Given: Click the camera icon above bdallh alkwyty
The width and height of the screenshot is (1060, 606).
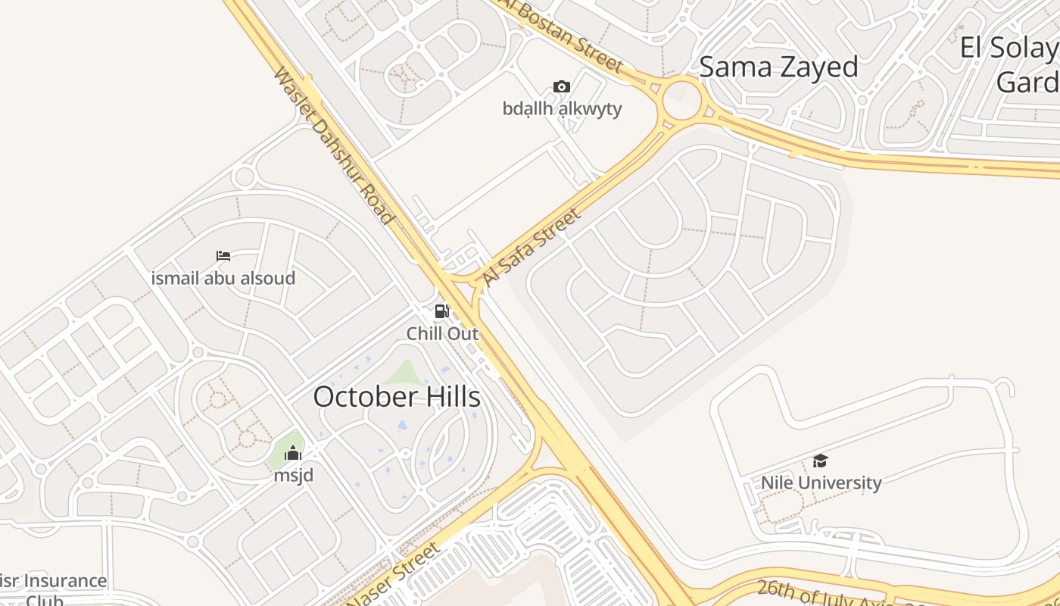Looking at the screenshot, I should [561, 86].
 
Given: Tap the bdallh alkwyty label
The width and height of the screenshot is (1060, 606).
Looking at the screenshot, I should [562, 108].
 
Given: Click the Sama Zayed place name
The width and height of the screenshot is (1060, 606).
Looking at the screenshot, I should [778, 67].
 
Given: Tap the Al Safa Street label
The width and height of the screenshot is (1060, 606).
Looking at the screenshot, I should [532, 247].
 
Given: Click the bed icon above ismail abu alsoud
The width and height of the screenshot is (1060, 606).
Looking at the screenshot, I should [223, 256].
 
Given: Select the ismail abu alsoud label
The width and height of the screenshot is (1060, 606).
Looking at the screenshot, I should [223, 278].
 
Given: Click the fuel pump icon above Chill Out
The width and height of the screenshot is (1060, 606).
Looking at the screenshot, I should [441, 311].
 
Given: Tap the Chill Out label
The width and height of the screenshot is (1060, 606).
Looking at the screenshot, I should [442, 333].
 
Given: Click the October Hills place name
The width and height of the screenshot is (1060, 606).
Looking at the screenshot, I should [397, 396].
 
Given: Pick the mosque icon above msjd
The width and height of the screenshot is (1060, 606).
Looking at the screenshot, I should [292, 454].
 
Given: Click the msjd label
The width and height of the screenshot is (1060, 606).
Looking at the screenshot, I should [294, 476].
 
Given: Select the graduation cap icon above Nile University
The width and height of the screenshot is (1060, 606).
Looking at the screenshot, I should [820, 461].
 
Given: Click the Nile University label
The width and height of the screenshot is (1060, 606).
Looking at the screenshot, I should [821, 483].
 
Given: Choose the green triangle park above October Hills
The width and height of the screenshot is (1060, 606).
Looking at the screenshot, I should [405, 373].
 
